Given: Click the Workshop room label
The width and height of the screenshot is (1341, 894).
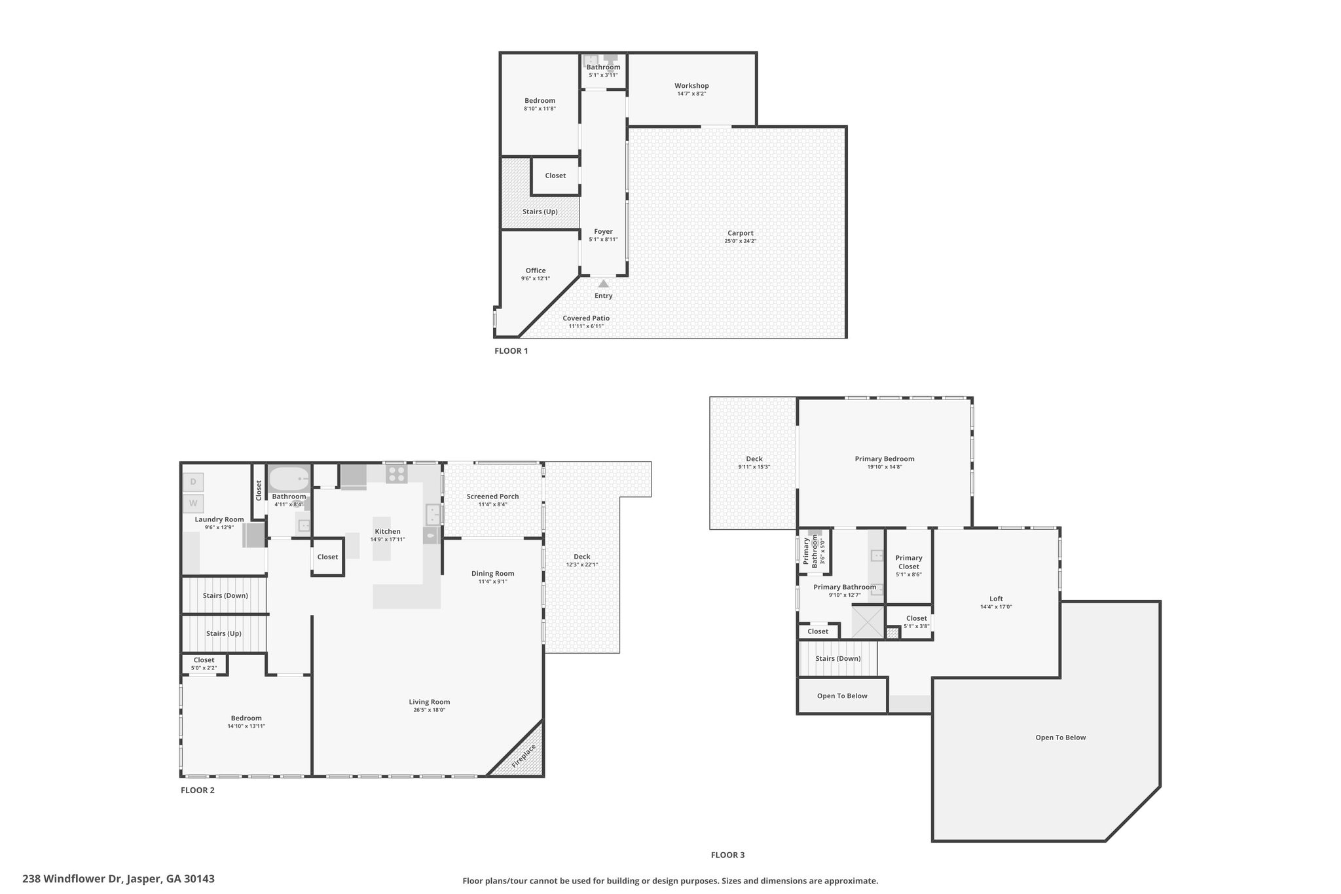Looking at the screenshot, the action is [x=691, y=86].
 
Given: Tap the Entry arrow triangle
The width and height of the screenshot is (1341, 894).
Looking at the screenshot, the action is [x=603, y=284].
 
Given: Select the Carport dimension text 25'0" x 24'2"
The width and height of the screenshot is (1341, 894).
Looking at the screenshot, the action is [x=741, y=241].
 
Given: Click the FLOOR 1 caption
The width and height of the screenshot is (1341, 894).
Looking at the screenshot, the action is [x=511, y=351].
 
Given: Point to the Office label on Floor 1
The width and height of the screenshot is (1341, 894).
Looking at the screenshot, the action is [x=536, y=270].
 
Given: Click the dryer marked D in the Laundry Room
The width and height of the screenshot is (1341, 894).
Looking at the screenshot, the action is [x=193, y=482].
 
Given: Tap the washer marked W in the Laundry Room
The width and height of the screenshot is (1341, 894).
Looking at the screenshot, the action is [x=193, y=504].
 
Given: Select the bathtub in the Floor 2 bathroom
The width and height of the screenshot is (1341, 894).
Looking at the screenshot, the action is [x=289, y=479].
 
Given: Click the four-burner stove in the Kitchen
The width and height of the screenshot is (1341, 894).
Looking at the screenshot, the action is [x=396, y=474].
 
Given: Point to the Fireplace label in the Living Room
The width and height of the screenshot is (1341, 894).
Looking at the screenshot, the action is [x=524, y=756].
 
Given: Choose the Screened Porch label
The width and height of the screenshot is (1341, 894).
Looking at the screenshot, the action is [x=492, y=496].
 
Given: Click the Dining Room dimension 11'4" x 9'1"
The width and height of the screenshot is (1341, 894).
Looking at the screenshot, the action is [x=493, y=582].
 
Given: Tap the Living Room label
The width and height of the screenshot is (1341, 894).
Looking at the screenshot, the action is [x=430, y=702].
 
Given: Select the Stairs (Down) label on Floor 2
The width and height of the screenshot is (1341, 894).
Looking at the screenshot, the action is [x=225, y=595].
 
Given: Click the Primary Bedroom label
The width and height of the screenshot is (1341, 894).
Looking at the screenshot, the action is [x=885, y=459].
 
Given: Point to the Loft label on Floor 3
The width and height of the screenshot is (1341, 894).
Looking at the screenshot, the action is [x=996, y=599].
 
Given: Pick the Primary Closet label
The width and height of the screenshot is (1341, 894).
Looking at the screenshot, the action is [x=909, y=562].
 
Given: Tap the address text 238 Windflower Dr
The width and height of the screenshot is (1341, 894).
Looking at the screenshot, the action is [x=71, y=879].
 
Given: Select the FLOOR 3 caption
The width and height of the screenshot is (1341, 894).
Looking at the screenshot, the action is [x=727, y=855].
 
